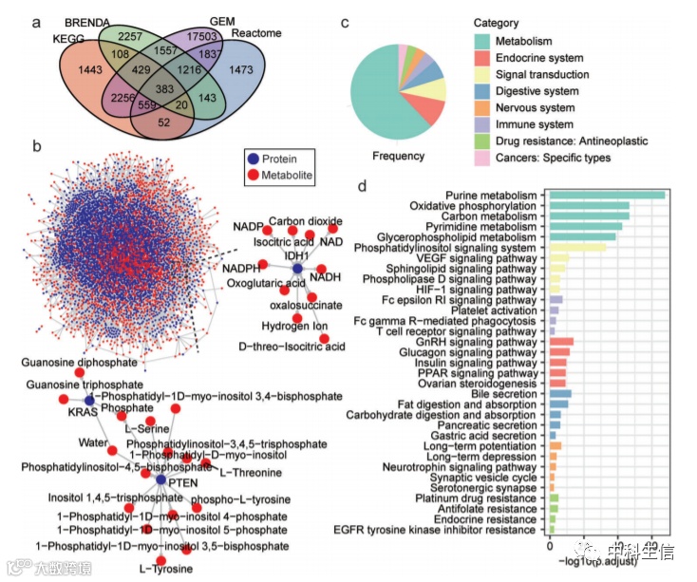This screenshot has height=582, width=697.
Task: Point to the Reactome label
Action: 256,34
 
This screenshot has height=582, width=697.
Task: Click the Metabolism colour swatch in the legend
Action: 483,41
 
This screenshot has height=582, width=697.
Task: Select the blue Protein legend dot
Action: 252,159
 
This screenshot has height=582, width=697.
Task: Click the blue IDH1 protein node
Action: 296,271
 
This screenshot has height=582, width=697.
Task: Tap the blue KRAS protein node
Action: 88,401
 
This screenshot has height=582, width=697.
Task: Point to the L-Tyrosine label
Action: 166,569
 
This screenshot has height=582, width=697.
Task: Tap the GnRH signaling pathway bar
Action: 561,341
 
